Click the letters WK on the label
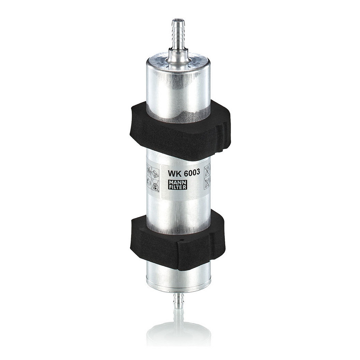click(174, 172)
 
